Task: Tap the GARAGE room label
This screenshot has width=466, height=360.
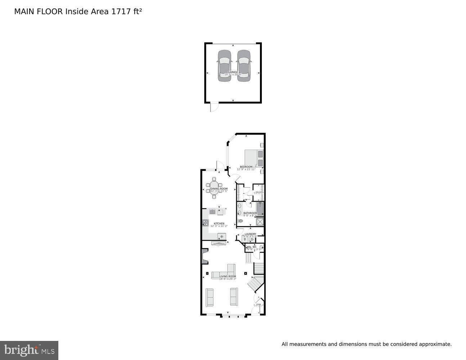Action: pyautogui.click(x=233, y=72)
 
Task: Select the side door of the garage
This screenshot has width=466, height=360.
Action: pyautogui.click(x=214, y=107)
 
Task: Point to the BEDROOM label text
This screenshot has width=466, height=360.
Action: pyautogui.click(x=246, y=167)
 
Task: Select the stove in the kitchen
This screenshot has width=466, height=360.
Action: pyautogui.click(x=205, y=223)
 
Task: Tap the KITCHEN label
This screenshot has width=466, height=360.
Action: pyautogui.click(x=219, y=224)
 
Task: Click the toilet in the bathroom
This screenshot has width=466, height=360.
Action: pyautogui.click(x=240, y=221)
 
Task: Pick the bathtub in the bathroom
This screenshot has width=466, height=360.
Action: pyautogui.click(x=260, y=209)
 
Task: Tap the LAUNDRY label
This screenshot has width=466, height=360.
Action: pyautogui.click(x=250, y=234)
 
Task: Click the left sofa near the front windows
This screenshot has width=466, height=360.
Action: pyautogui.click(x=209, y=297)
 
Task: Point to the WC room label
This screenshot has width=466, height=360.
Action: pyautogui.click(x=254, y=247)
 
